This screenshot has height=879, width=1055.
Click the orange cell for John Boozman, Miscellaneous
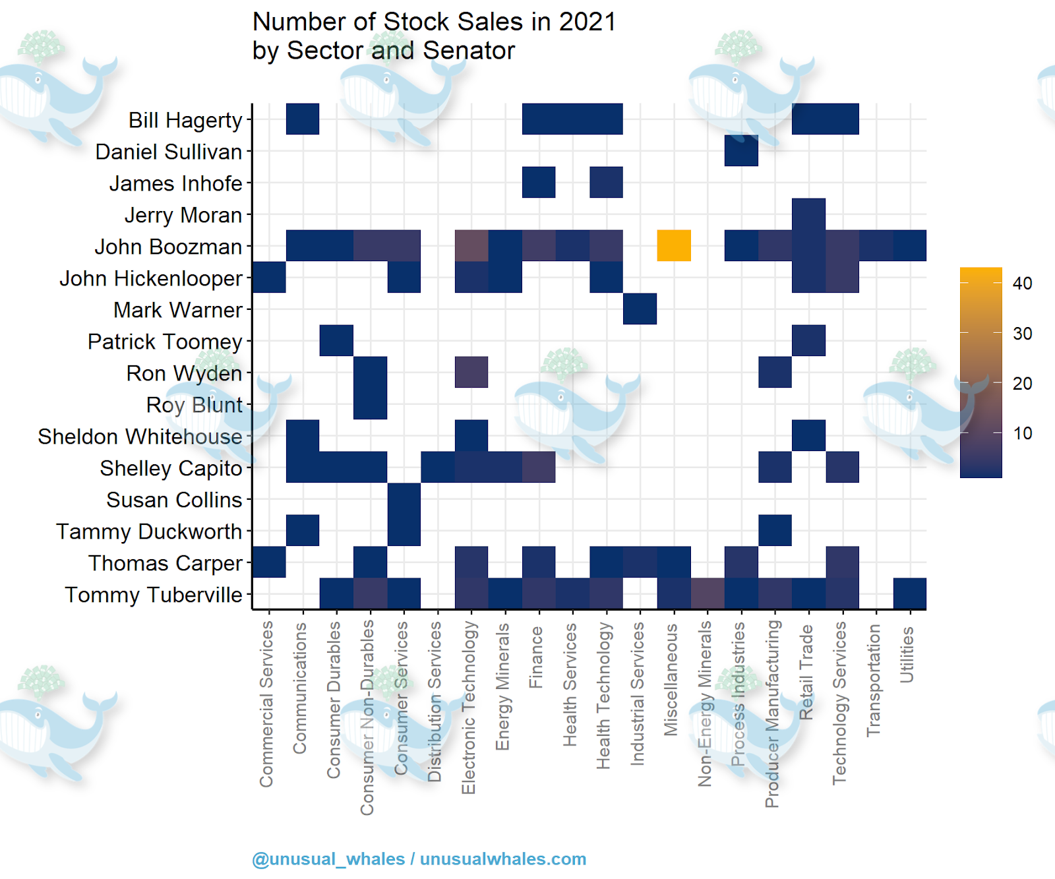pyautogui.click(x=674, y=246)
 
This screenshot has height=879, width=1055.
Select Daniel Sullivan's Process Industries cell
pyautogui.click(x=741, y=151)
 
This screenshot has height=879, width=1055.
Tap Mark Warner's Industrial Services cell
pyautogui.click(x=640, y=309)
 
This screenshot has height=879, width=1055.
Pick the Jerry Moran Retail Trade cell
pyautogui.click(x=809, y=214)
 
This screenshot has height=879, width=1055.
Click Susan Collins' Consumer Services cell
pyautogui.click(x=404, y=499)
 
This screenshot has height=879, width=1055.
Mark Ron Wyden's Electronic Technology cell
pyautogui.click(x=471, y=373)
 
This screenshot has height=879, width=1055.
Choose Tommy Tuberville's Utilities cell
pyautogui.click(x=910, y=593)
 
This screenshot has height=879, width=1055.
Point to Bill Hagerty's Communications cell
pyautogui.click(x=303, y=119)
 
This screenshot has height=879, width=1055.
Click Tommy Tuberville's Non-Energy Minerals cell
pyautogui.click(x=708, y=593)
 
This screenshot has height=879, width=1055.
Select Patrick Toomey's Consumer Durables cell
pyautogui.click(x=336, y=341)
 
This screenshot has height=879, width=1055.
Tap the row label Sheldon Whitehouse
pyautogui.click(x=140, y=437)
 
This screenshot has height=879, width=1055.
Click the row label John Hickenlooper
pyautogui.click(x=151, y=278)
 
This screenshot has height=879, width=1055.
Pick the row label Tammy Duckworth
pyautogui.click(x=149, y=531)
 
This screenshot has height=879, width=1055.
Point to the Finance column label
pyautogui.click(x=537, y=657)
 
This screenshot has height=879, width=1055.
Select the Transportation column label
pyautogui.click(x=874, y=681)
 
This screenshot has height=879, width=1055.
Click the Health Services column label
pyautogui.click(x=570, y=685)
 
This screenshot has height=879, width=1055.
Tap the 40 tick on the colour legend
pyautogui.click(x=1022, y=284)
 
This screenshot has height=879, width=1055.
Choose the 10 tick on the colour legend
pyautogui.click(x=1022, y=433)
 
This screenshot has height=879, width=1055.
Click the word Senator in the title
pyautogui.click(x=469, y=51)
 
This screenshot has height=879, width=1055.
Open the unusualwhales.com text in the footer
pyautogui.click(x=503, y=859)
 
